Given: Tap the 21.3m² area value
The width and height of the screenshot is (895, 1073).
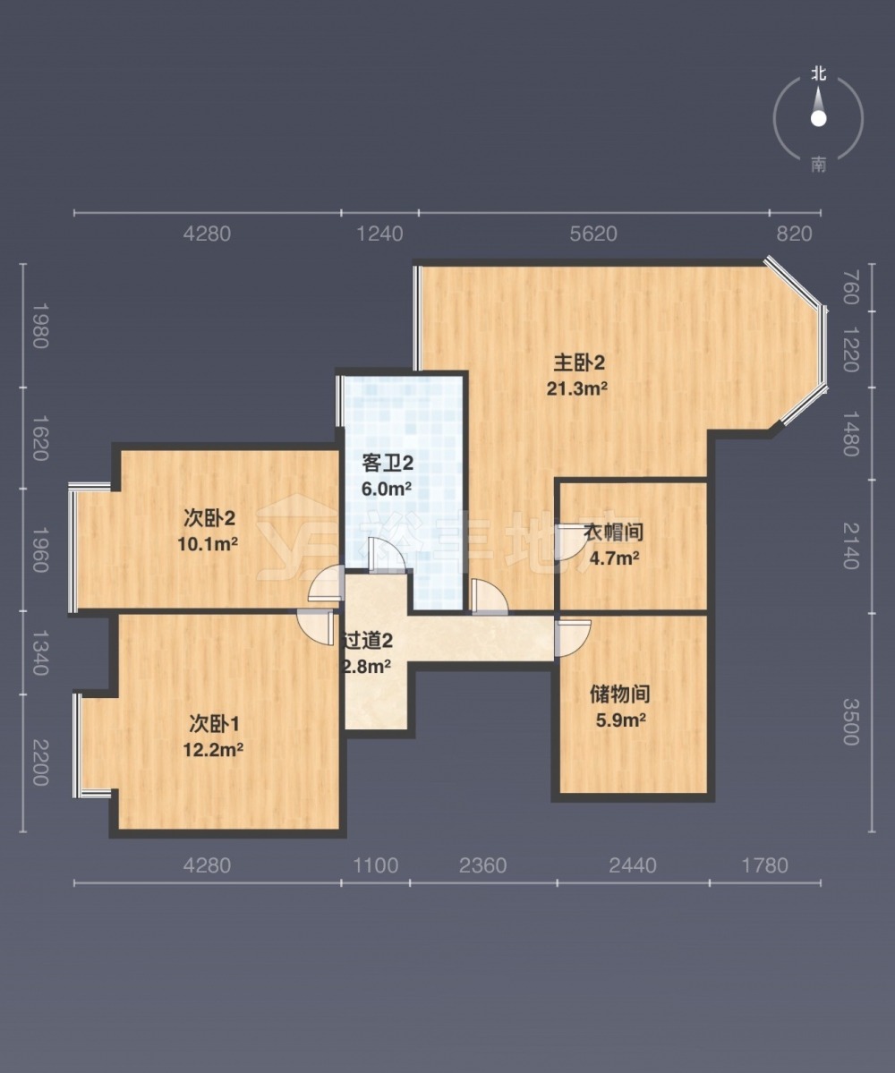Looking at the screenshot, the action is (x=576, y=388).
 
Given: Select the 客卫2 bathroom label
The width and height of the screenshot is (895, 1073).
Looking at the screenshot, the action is (x=388, y=464).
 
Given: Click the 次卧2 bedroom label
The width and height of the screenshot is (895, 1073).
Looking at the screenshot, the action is (x=209, y=518).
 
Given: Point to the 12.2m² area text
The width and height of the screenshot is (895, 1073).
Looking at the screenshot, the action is (x=213, y=749).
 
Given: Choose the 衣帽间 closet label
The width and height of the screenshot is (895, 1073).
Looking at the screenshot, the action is (x=613, y=532).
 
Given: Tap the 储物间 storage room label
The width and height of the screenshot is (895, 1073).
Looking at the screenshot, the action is (x=619, y=694).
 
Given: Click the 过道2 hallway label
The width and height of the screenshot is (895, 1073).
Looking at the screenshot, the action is (x=368, y=641).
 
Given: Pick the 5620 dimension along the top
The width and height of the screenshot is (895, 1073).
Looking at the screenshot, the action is (x=593, y=234).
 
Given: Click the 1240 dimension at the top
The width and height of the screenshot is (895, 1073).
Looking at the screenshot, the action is (x=379, y=234).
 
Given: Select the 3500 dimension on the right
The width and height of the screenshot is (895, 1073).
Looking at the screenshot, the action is (x=850, y=721).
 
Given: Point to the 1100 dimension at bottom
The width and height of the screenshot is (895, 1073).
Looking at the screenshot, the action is (x=376, y=865).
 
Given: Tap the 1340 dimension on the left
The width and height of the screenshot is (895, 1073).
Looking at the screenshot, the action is (x=41, y=653).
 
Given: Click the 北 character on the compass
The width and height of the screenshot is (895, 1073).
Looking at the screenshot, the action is (x=818, y=73).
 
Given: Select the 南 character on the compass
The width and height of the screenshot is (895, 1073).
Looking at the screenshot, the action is (x=818, y=165).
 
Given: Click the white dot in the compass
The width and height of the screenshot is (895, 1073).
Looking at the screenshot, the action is (x=818, y=118).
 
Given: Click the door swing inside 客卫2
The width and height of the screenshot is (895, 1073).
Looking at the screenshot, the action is (x=388, y=555).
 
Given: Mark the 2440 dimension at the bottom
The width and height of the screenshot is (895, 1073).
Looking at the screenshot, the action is (x=632, y=865).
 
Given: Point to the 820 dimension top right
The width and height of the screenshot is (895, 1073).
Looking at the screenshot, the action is (x=794, y=234).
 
